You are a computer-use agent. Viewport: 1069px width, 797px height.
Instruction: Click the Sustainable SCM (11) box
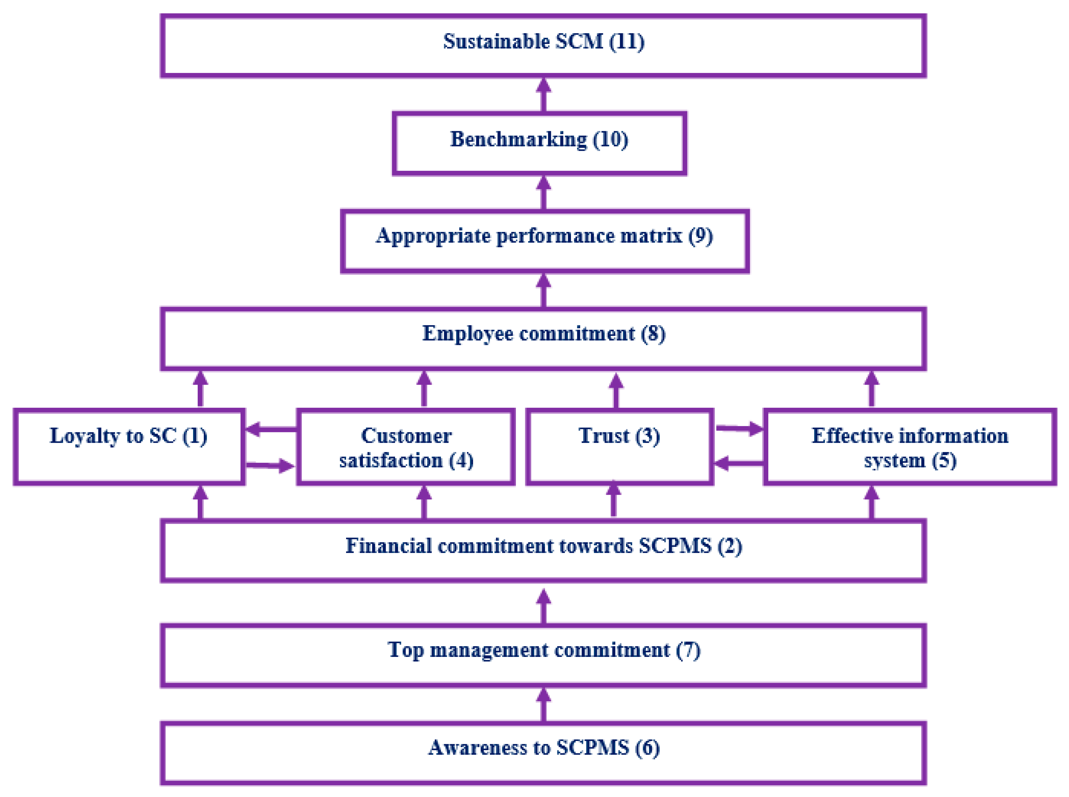point(543,46)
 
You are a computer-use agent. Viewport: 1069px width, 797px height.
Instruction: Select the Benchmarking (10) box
point(539,143)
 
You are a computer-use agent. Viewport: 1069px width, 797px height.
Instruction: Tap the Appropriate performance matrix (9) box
point(545,241)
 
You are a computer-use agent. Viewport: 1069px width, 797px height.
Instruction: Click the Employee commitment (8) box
point(543,339)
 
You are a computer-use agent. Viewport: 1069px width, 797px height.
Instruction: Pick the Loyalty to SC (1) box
point(129,447)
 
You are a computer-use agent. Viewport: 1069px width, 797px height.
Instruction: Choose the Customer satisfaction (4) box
point(406,447)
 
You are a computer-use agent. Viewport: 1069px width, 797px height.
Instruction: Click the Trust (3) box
point(619,447)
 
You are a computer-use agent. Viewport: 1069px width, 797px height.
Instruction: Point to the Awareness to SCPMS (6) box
point(543,753)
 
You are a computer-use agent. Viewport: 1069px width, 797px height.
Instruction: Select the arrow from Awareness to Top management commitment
point(543,705)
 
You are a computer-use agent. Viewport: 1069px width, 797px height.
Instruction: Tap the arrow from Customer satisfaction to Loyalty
point(270,429)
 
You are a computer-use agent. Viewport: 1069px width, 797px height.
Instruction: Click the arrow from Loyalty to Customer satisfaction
point(270,466)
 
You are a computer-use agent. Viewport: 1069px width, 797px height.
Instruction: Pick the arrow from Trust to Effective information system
point(738,428)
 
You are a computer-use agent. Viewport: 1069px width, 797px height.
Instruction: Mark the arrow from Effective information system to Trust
point(738,464)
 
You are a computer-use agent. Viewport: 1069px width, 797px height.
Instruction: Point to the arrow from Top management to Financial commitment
point(543,606)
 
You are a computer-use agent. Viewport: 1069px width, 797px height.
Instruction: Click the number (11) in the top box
point(626,41)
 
